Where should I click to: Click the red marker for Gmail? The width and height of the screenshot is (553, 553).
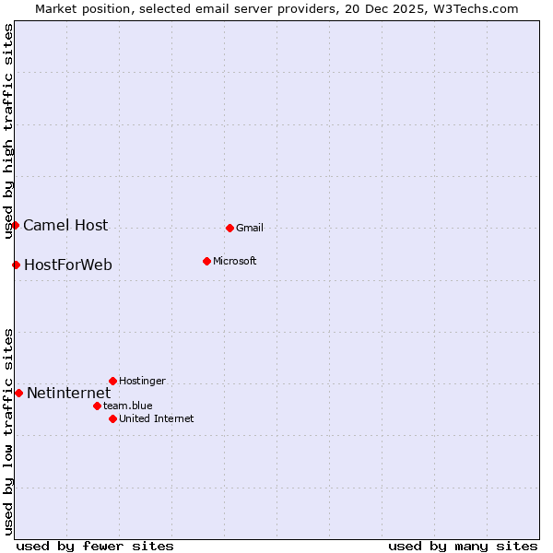(x=229, y=228)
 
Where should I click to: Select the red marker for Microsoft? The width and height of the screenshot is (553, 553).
(x=206, y=261)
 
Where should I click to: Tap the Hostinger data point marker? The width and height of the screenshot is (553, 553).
(x=112, y=381)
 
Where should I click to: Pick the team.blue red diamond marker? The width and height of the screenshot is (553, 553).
(x=97, y=406)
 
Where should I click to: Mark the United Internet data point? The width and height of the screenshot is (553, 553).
(x=112, y=418)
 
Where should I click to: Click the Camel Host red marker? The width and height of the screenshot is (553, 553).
(x=15, y=225)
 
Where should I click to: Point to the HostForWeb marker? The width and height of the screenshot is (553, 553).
(x=16, y=265)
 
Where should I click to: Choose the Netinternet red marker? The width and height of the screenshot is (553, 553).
(x=18, y=393)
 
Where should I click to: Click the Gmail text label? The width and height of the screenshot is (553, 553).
(x=250, y=229)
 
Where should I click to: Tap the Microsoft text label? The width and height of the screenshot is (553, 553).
(x=235, y=262)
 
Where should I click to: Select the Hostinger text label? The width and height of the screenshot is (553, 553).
(x=142, y=382)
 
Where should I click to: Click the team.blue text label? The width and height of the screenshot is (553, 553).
(x=128, y=406)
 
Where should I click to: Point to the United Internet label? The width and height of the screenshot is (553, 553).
(x=157, y=419)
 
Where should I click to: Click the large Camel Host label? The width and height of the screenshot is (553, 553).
(x=65, y=226)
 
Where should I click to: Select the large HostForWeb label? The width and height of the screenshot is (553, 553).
(x=68, y=265)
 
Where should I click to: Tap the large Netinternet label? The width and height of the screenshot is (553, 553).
(x=69, y=394)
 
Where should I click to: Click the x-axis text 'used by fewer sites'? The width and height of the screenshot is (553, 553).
(x=95, y=546)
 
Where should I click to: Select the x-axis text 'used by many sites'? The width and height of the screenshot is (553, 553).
(x=463, y=546)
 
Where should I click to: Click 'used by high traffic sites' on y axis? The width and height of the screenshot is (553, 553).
(x=9, y=132)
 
